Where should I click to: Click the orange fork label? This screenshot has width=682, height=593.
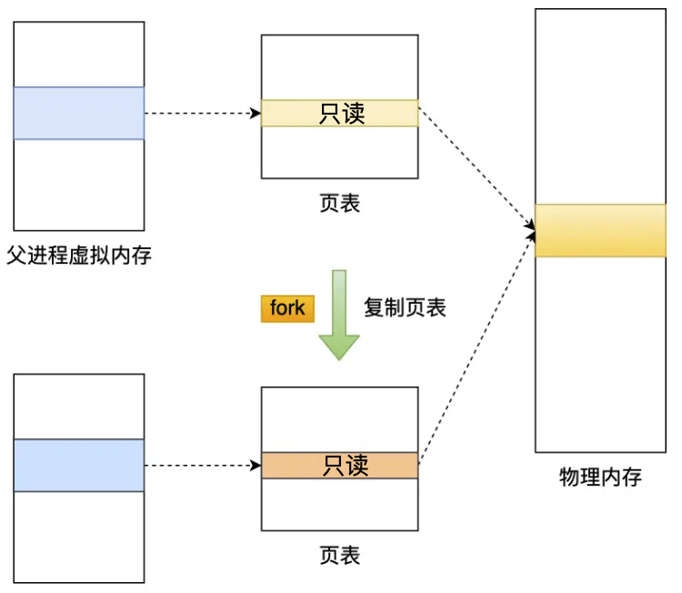(x=287, y=308)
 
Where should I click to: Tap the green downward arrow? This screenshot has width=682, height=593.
(x=338, y=315)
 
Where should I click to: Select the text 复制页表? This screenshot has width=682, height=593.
(x=405, y=307)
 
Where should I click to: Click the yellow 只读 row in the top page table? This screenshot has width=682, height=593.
(x=339, y=113)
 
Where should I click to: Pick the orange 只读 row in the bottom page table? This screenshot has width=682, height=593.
(x=339, y=465)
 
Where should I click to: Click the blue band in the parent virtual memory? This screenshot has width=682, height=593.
(x=79, y=113)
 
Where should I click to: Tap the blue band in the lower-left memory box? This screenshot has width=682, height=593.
(x=79, y=465)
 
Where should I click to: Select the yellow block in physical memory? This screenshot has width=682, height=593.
(x=600, y=230)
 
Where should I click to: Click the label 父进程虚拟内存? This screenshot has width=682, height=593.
(x=79, y=256)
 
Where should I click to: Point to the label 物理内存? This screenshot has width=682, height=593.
(x=600, y=477)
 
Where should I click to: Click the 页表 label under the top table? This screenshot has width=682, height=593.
(x=339, y=203)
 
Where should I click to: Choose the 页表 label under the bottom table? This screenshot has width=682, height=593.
(x=339, y=554)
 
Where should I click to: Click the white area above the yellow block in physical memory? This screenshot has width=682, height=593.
(x=600, y=105)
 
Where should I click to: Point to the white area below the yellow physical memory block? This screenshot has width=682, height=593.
(x=600, y=355)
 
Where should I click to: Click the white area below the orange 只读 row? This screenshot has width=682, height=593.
(x=339, y=504)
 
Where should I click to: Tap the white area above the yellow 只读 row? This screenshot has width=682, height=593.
(x=339, y=66)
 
